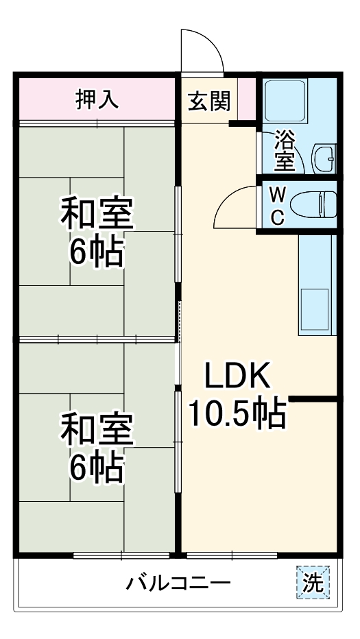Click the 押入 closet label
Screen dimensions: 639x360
(x=97, y=99)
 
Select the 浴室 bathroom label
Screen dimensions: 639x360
(x=285, y=150)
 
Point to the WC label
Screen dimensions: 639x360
(x=277, y=206)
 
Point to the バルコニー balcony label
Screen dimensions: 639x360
(x=178, y=583)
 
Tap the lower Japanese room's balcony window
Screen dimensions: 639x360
(x=121, y=555)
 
